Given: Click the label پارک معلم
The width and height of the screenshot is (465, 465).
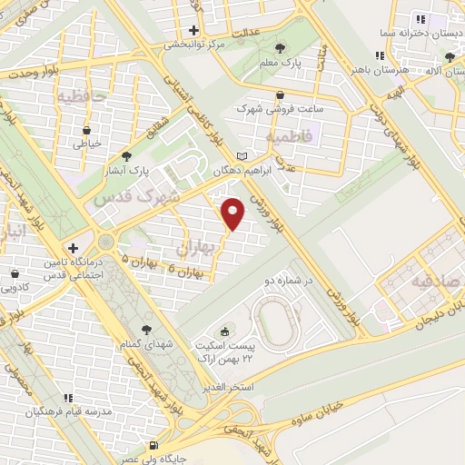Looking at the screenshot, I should (x=279, y=64).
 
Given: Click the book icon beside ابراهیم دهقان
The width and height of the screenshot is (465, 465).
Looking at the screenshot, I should (x=241, y=155).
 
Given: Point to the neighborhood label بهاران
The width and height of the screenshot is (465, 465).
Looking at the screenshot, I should (x=193, y=245).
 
